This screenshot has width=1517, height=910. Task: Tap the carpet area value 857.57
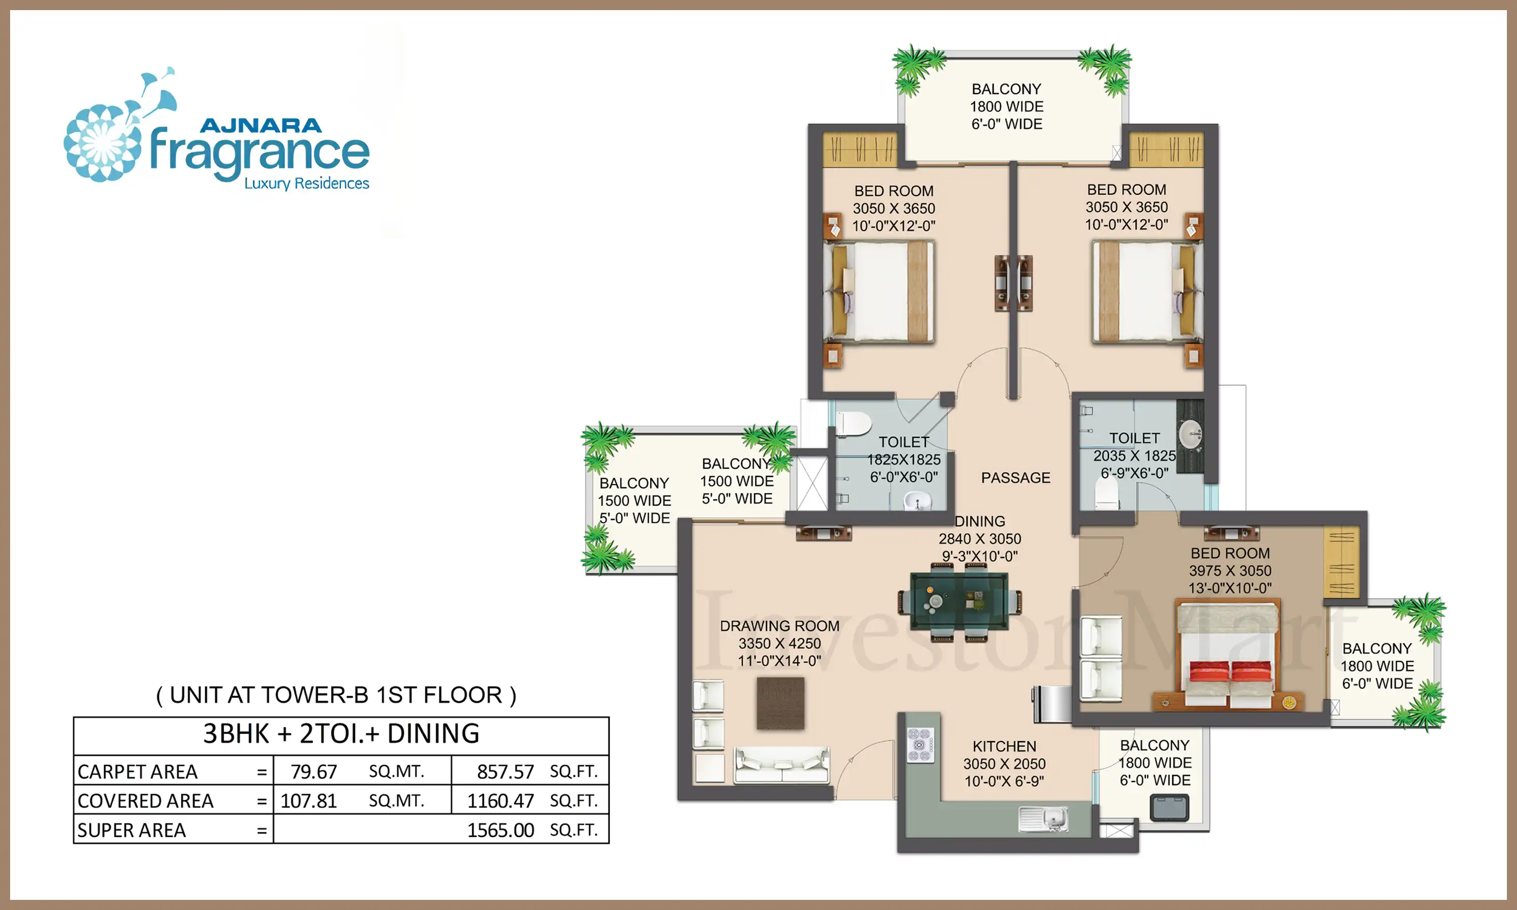pyautogui.click(x=505, y=771)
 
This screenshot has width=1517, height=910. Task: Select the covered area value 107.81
pyautogui.click(x=308, y=800)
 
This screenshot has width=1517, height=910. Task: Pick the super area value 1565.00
pyautogui.click(x=500, y=830)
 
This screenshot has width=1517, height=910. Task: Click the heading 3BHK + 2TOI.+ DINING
pyautogui.click(x=341, y=734)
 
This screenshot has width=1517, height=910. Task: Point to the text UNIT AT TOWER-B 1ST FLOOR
pyautogui.click(x=336, y=695)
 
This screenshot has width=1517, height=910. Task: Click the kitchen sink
pyautogui.click(x=1043, y=818)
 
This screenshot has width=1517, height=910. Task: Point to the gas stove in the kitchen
pyautogui.click(x=920, y=745)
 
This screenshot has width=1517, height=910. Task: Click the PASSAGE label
pyautogui.click(x=1015, y=478)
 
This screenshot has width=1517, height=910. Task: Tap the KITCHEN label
pyautogui.click(x=1004, y=746)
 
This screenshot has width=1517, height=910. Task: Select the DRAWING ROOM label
pyautogui.click(x=779, y=626)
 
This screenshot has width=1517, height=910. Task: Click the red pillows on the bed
pyautogui.click(x=1230, y=670)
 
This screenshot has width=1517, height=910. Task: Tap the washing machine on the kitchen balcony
pyautogui.click(x=1169, y=807)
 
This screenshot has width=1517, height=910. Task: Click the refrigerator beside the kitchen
pyautogui.click(x=1052, y=703)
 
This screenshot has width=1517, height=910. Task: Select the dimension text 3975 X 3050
pyautogui.click(x=1230, y=571)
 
